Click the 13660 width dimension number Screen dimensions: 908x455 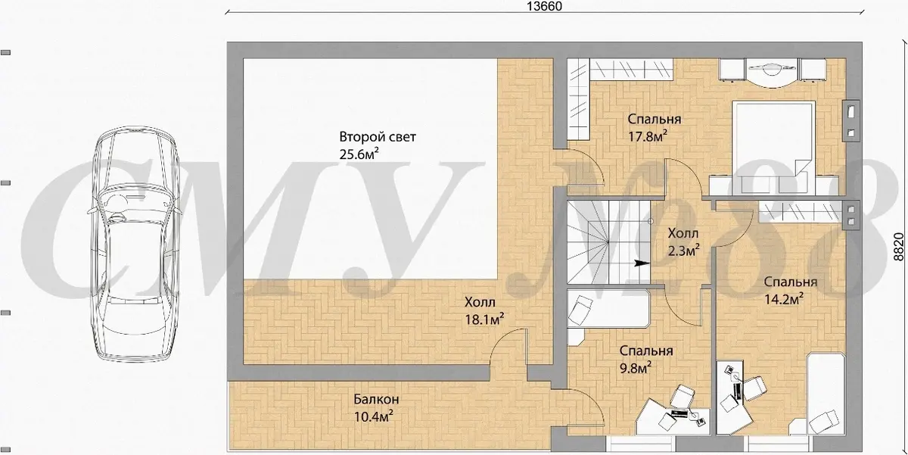tap(544, 6)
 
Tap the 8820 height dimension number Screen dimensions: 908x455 tap(898, 247)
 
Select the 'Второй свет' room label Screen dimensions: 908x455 tap(378, 137)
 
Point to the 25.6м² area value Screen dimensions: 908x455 tap(359, 154)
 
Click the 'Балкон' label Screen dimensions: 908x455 tap(376, 400)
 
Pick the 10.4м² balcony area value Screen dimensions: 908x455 tap(373, 416)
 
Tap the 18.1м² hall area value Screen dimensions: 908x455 tap(484, 319)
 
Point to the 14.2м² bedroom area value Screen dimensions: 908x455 tap(784, 299)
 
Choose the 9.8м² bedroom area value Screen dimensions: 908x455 tap(635, 368)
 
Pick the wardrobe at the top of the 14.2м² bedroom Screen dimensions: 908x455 tap(799, 212)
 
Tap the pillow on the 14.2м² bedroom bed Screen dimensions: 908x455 tap(823, 422)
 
